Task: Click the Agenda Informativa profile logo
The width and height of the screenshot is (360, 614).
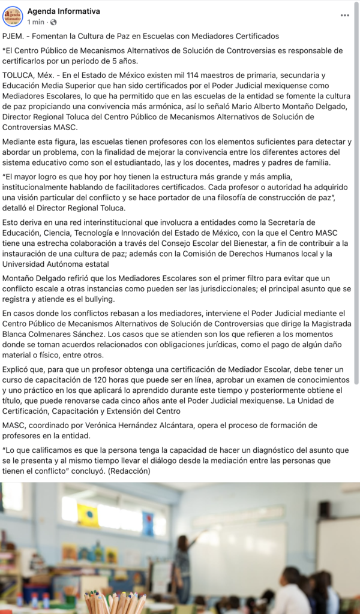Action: coord(13,16)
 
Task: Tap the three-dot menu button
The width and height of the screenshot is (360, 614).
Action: coord(344,16)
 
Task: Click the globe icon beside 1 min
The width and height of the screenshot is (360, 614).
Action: coord(50,22)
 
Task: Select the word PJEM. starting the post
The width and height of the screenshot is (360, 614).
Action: coord(13,37)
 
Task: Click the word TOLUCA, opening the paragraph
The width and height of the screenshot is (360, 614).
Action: coord(19,75)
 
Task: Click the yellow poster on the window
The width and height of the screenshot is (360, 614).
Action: coord(88,514)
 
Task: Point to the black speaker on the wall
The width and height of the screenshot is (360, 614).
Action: coord(325,509)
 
